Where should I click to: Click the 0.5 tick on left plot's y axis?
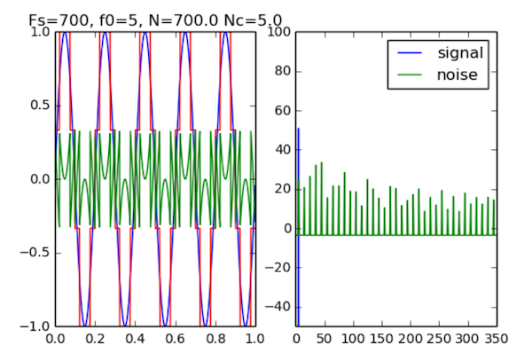[37, 106]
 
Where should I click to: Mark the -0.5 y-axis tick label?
[35, 253]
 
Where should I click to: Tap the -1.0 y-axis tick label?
[35, 326]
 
